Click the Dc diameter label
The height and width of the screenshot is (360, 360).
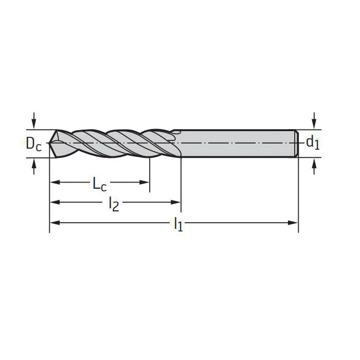pyautogui.click(x=34, y=143)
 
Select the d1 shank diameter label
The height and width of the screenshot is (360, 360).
pyautogui.click(x=313, y=142)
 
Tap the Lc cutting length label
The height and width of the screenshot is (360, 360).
pyautogui.click(x=100, y=184)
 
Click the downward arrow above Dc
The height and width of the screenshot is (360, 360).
pyautogui.click(x=34, y=120)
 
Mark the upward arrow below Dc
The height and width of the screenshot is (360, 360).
pyautogui.click(x=34, y=166)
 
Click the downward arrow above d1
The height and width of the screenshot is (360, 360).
pyautogui.click(x=314, y=120)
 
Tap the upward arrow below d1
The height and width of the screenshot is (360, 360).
pyautogui.click(x=314, y=166)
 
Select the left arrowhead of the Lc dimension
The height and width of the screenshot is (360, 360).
pyautogui.click(x=55, y=183)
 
